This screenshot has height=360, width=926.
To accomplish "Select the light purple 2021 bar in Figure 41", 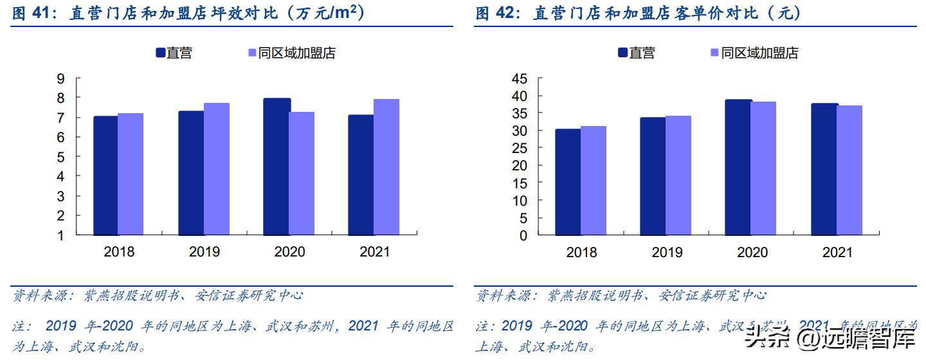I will pyautogui.click(x=386, y=167).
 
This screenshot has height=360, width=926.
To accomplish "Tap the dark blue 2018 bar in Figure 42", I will pyautogui.click(x=568, y=182).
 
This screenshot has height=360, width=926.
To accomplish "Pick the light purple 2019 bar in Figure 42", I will pyautogui.click(x=678, y=175).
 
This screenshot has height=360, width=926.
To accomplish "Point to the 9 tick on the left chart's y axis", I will pyautogui.click(x=61, y=78).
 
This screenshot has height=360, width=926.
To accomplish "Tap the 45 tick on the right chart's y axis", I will pyautogui.click(x=519, y=78).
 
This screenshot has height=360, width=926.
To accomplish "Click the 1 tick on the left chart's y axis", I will pyautogui.click(x=61, y=235).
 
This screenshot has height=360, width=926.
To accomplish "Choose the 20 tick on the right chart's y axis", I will pyautogui.click(x=519, y=166).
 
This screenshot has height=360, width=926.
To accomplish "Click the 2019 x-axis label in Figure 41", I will pyautogui.click(x=204, y=252).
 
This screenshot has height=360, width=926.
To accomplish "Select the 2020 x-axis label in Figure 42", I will pyautogui.click(x=752, y=252).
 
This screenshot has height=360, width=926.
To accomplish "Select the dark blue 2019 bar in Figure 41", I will pyautogui.click(x=192, y=173).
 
